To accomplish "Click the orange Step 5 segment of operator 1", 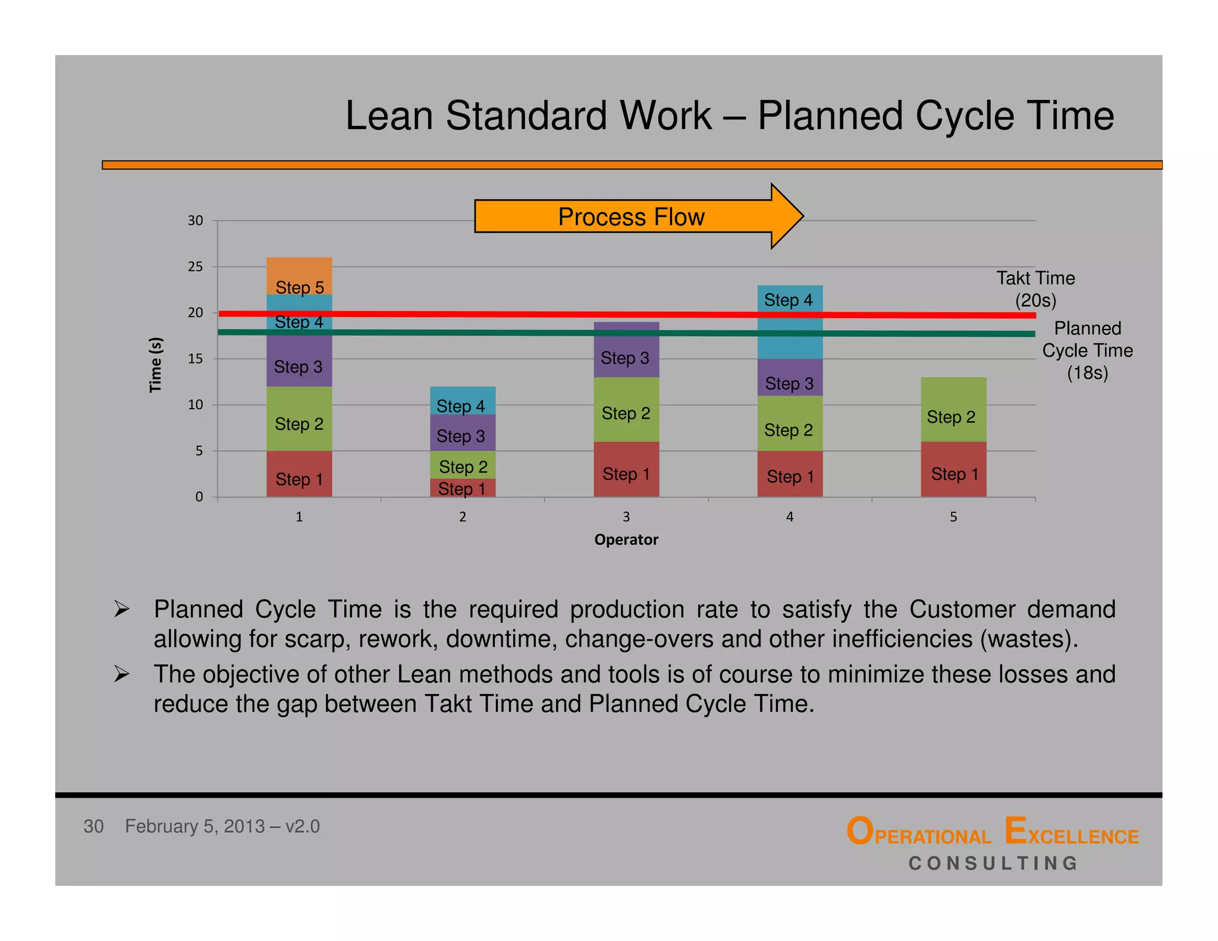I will [299, 275].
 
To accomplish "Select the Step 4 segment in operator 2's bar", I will [463, 400].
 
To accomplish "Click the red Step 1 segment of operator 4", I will [790, 474].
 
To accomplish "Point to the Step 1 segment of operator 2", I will [463, 488].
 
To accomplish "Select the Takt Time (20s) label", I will [1035, 289].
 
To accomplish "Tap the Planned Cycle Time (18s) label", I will [1087, 350].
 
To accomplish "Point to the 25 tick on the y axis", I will [195, 267].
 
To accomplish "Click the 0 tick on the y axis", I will [199, 497].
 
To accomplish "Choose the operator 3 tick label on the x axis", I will [626, 517].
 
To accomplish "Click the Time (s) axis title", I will [155, 364].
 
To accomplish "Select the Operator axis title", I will [626, 539].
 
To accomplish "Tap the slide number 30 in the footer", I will [93, 826].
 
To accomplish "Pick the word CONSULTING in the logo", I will [993, 863].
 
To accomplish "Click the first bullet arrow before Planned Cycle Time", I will [122, 609].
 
